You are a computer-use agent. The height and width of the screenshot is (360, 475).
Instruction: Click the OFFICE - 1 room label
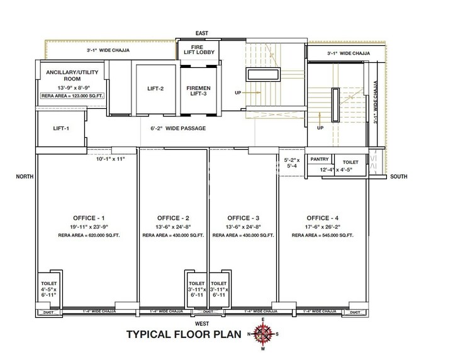coord(87,218)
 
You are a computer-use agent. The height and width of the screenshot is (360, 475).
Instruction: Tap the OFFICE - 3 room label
coord(243,218)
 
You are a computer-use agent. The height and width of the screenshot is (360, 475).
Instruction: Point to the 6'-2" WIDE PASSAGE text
coord(178,128)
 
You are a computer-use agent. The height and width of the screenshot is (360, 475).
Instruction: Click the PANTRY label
coord(319,160)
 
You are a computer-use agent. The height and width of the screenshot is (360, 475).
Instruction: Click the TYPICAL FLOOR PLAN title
coord(184,334)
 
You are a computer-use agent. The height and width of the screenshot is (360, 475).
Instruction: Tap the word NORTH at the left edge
coord(24,177)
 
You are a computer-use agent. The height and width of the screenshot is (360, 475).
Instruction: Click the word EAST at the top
coord(202,33)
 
